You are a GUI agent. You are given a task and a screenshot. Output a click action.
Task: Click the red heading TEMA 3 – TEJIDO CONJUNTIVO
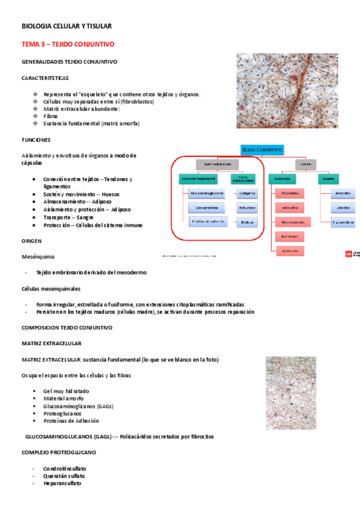68,45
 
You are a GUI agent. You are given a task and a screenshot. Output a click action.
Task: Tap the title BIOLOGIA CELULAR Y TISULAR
66,26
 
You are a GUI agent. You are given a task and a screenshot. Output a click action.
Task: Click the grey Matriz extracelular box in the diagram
218,164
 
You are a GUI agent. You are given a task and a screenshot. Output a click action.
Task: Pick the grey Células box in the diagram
305,164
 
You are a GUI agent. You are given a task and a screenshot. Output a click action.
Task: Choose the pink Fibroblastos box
291,193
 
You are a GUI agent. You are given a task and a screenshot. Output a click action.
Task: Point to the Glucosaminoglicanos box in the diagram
206,193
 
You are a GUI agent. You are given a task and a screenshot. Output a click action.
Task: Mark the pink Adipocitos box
291,207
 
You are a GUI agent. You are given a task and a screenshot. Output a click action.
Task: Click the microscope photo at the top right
295,90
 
